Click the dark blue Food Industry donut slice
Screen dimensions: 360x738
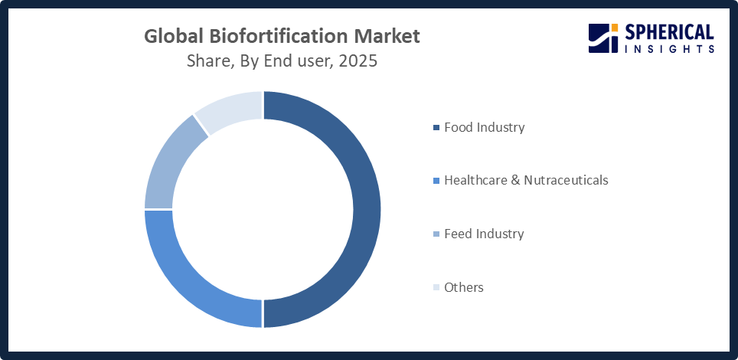pos(367,209)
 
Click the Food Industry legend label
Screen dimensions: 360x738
pos(484,127)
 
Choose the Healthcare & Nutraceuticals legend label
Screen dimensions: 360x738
pos(526,180)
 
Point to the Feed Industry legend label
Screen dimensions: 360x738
pos(484,234)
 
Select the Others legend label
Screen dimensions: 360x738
pos(464,287)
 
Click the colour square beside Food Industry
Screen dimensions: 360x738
pos(436,128)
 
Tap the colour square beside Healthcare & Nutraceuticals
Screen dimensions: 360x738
pos(436,181)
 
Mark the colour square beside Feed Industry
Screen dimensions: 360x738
pos(436,234)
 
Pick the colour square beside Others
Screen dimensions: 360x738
pos(436,288)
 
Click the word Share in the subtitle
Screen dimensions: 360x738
pos(209,61)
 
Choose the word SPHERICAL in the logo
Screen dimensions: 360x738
pos(670,32)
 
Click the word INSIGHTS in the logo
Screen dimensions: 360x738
pos(670,48)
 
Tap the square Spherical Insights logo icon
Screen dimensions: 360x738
pos(603,38)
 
